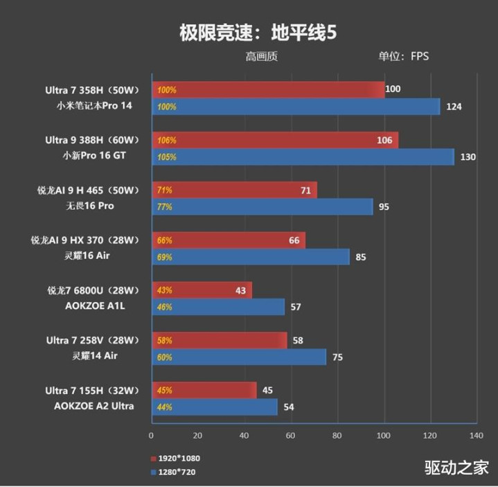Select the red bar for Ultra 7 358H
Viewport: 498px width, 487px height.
pyautogui.click(x=267, y=89)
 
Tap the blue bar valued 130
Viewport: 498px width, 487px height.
pyautogui.click(x=302, y=157)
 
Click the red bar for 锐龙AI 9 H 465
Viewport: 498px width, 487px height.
pyautogui.click(x=233, y=190)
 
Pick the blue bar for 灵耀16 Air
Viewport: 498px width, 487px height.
pyautogui.click(x=250, y=257)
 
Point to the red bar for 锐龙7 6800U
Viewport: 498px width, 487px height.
pyautogui.click(x=201, y=290)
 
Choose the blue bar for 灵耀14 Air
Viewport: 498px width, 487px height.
pyautogui.click(x=238, y=357)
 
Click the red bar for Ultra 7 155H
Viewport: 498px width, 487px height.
pyautogui.click(x=204, y=390)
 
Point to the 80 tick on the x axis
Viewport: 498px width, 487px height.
pyautogui.click(x=337, y=436)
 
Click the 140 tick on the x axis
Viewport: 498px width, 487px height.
pyautogui.click(x=476, y=436)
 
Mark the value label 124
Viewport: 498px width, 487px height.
pyautogui.click(x=454, y=107)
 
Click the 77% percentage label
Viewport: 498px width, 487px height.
pyautogui.click(x=165, y=206)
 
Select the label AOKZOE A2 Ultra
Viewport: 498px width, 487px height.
pyautogui.click(x=94, y=406)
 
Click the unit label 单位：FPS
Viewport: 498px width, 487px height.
pyautogui.click(x=403, y=56)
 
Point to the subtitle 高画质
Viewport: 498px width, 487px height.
pyautogui.click(x=261, y=56)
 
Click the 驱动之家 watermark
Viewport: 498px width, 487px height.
pyautogui.click(x=456, y=468)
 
